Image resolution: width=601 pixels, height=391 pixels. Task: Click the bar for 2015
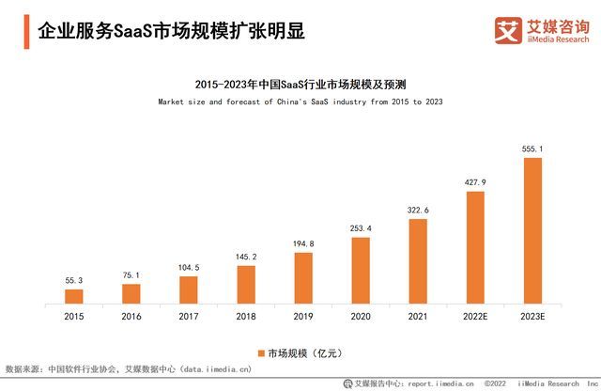coord(74,296)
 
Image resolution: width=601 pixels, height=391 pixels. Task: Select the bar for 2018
coord(246,284)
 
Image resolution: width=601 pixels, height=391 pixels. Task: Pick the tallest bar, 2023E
coord(533,230)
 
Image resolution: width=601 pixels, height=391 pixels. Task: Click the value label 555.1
coord(533,149)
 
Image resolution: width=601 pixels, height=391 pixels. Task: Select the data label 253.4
coord(361,228)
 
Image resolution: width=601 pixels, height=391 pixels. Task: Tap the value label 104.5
coord(189,267)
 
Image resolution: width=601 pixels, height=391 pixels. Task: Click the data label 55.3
coord(74,280)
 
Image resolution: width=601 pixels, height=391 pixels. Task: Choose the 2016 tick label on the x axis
coord(131,318)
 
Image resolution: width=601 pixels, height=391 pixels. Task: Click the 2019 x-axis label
coord(303,318)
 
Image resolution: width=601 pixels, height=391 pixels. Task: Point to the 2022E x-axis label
coord(475,318)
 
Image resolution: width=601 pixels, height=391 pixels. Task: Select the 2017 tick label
coord(189,318)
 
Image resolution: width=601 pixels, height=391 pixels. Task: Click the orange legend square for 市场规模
coord(262,353)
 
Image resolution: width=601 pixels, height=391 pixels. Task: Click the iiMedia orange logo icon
coord(508,31)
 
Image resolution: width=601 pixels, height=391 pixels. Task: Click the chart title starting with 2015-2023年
coord(300,83)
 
